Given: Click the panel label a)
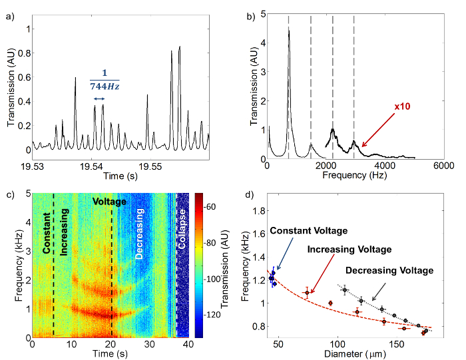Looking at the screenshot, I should pyautogui.click(x=10, y=9).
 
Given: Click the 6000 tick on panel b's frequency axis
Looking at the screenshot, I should pyautogui.click(x=443, y=166).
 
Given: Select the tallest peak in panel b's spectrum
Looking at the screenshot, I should pyautogui.click(x=289, y=30).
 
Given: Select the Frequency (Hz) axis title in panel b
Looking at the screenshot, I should pyautogui.click(x=354, y=177).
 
